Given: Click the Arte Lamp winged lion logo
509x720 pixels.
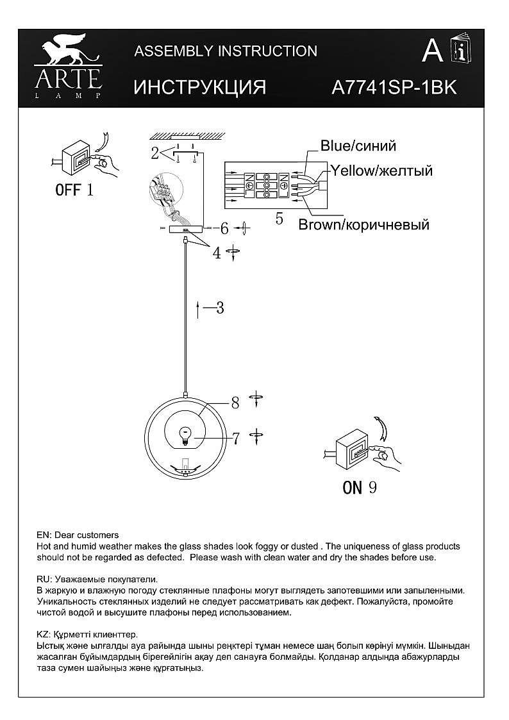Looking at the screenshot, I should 68,53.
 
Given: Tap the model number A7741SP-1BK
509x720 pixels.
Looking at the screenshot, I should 394,88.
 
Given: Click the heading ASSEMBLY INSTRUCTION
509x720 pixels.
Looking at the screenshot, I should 226,51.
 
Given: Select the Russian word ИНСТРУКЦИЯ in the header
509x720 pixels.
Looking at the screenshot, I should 199,88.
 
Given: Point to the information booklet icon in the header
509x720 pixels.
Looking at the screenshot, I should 460,50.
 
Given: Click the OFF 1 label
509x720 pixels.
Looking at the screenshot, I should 74,190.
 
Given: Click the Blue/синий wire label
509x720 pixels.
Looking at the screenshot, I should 358,146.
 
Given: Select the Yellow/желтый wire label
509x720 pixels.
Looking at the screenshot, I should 381,171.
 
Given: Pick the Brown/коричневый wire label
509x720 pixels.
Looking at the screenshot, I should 363,224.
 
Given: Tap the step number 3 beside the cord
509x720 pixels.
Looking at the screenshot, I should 220,308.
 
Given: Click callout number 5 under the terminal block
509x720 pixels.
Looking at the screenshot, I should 279,219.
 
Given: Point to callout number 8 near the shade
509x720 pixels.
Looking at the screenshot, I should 235,403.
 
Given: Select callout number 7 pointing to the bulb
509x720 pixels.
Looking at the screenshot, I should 235,439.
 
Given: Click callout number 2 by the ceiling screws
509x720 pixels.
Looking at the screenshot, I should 154,153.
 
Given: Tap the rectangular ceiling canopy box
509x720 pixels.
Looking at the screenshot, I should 185,228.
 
